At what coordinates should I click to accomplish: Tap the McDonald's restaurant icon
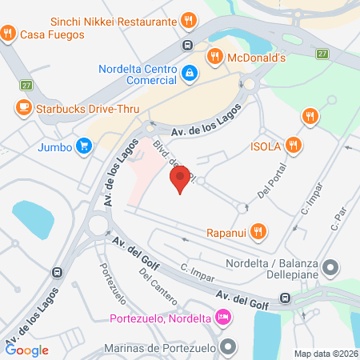pos(214,57)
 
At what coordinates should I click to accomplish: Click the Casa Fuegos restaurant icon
pos(8,34)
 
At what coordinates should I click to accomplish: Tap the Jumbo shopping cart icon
pos(83,146)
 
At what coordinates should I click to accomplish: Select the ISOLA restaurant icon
pos(295,145)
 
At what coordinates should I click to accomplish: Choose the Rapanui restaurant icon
pos(257,232)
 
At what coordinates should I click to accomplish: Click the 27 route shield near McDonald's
pos(322,54)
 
